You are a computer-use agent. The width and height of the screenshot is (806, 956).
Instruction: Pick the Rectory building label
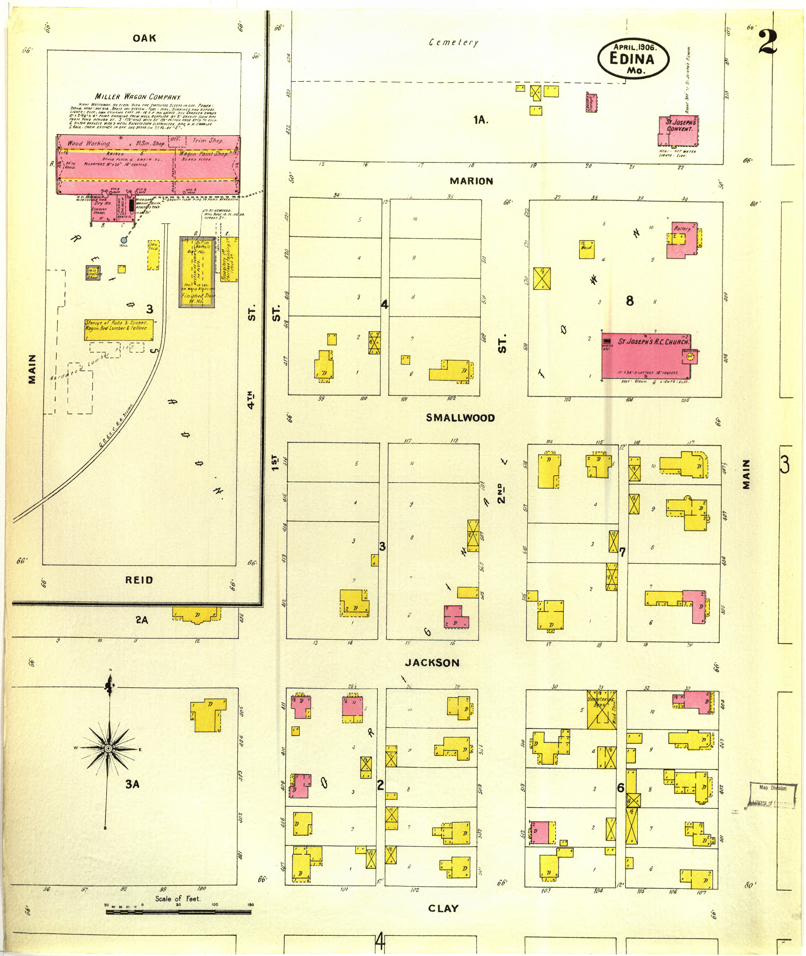click(682, 228)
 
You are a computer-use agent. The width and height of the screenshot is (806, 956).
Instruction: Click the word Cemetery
click(453, 42)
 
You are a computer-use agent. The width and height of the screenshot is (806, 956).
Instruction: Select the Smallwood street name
click(460, 418)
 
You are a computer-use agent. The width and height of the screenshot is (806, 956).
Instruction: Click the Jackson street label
click(432, 662)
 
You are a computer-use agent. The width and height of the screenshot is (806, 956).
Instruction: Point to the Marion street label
click(471, 181)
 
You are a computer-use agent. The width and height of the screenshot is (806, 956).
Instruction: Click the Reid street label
click(139, 580)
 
